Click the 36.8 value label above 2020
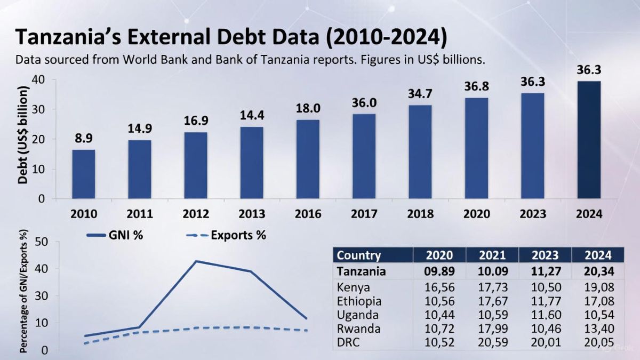(476, 86)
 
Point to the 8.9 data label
(84, 138)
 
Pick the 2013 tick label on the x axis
(252, 214)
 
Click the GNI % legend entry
(115, 235)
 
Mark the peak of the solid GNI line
(196, 261)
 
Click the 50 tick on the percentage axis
(42, 242)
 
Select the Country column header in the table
(359, 255)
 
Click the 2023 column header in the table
(544, 255)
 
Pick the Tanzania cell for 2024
(597, 271)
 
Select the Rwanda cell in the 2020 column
(438, 329)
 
